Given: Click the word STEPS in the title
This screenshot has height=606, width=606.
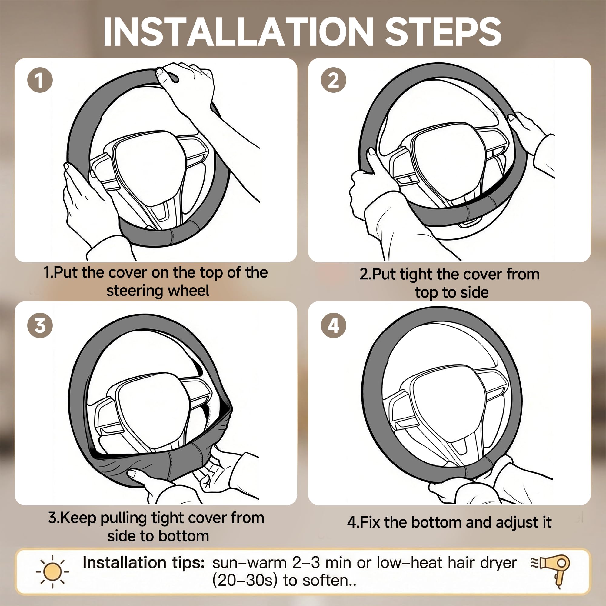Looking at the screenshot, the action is click(443, 32).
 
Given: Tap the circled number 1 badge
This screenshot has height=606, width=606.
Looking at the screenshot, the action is click(40, 80).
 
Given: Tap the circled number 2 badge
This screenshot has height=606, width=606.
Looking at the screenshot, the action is click(333, 80).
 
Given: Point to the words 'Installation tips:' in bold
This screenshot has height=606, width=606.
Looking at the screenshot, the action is click(144, 563).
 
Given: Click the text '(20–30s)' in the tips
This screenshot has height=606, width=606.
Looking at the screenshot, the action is click(245, 581).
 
